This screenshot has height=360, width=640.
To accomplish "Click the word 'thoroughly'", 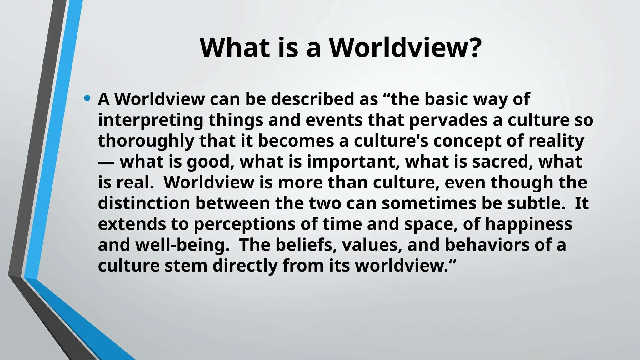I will tap(146, 141).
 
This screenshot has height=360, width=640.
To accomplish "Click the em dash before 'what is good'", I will tap(107, 162).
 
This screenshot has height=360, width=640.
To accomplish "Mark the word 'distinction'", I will tap(144, 203).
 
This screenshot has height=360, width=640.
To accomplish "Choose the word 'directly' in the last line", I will tap(245, 266).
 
